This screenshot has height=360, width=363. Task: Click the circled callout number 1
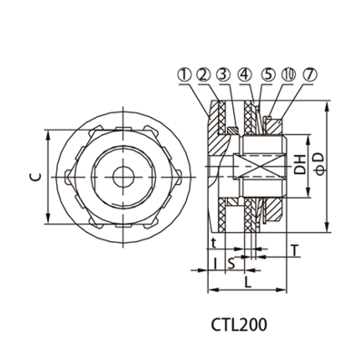186,75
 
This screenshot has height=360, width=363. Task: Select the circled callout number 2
203,75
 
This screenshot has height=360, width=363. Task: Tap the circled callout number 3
224,75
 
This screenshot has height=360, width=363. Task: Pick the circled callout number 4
245,75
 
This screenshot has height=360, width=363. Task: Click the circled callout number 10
288,75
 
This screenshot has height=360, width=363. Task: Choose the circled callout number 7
309,75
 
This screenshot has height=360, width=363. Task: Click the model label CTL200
239,325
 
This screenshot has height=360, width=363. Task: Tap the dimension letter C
35,177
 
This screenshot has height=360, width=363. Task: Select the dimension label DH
299,165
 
